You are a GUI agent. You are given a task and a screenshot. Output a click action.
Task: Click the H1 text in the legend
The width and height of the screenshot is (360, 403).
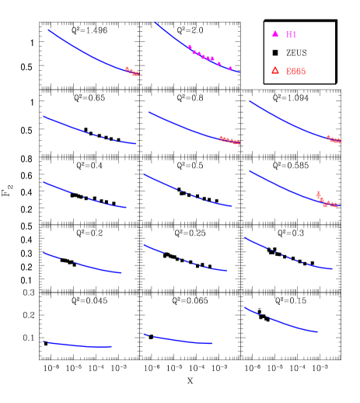292,35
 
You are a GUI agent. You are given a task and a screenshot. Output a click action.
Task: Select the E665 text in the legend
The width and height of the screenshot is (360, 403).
295,72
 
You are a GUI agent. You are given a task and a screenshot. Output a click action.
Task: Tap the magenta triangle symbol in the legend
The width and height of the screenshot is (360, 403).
274,34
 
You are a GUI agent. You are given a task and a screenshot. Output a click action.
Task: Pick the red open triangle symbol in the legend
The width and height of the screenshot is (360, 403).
274,71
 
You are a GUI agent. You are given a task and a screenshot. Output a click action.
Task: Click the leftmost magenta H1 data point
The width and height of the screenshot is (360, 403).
190,47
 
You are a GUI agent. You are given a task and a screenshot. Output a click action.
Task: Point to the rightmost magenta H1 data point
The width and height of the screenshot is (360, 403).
230,68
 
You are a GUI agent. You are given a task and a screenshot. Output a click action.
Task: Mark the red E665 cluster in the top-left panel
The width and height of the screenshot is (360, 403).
132,72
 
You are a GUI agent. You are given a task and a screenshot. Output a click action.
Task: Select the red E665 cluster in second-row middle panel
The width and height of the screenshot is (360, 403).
229,140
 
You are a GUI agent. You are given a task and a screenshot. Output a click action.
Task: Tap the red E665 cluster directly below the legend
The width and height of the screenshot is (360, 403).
334,139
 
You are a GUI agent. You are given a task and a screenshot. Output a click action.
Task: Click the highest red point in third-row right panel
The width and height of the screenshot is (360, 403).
318,193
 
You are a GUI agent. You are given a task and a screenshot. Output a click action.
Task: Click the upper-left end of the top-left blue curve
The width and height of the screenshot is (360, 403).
48,30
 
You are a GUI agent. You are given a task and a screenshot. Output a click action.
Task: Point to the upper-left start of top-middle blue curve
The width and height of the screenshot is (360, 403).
155,22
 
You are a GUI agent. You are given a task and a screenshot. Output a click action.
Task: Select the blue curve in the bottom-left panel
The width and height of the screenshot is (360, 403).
78,345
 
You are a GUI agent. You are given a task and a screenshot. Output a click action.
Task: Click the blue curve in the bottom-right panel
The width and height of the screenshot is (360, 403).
280,321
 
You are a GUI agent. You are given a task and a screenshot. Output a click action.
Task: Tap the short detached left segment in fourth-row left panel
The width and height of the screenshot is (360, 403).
51,255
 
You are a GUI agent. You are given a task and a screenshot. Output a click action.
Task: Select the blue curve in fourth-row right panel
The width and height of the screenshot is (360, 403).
288,256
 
